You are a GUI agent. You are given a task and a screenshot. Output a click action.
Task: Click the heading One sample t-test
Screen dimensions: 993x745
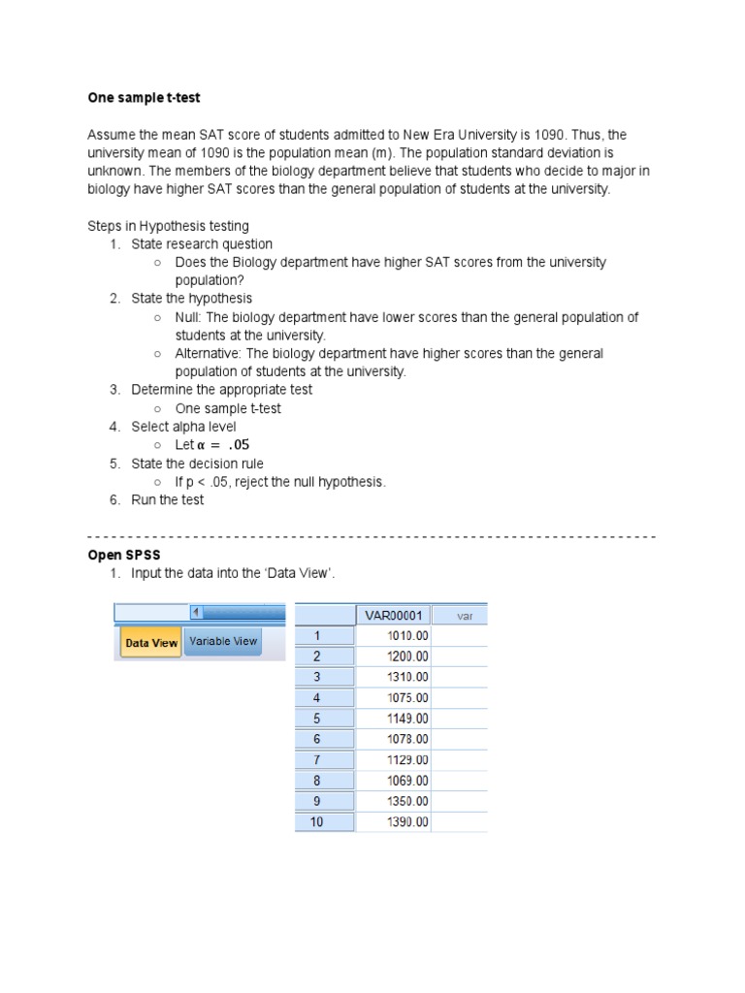144,98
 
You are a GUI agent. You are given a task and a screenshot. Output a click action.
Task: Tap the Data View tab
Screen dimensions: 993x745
151,642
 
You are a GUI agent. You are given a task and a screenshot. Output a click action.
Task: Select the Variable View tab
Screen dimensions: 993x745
223,641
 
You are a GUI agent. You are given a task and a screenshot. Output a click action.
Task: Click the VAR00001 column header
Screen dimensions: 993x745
393,615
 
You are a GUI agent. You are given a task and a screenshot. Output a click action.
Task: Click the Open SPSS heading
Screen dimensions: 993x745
124,555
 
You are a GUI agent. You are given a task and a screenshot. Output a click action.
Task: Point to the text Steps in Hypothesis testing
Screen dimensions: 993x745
168,226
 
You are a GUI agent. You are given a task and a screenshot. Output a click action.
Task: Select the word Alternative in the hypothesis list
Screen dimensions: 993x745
208,354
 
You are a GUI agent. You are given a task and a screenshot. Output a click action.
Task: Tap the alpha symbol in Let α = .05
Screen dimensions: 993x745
202,445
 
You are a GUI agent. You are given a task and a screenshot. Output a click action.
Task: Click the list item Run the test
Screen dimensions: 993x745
168,500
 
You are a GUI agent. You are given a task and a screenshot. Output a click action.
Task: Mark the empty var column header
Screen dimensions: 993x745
459,615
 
